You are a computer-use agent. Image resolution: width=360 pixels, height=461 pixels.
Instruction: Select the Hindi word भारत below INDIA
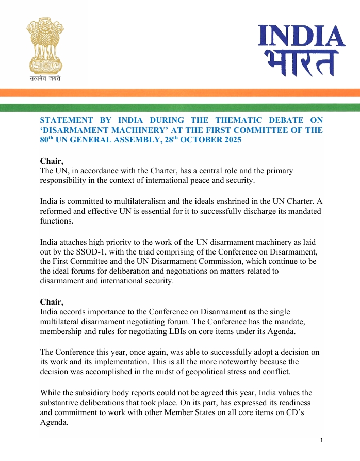298,63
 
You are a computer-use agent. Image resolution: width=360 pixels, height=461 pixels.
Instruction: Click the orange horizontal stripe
180,92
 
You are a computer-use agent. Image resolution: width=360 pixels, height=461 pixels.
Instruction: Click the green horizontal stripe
180,107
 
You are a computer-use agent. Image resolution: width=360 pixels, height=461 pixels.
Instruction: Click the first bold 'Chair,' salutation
52,161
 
